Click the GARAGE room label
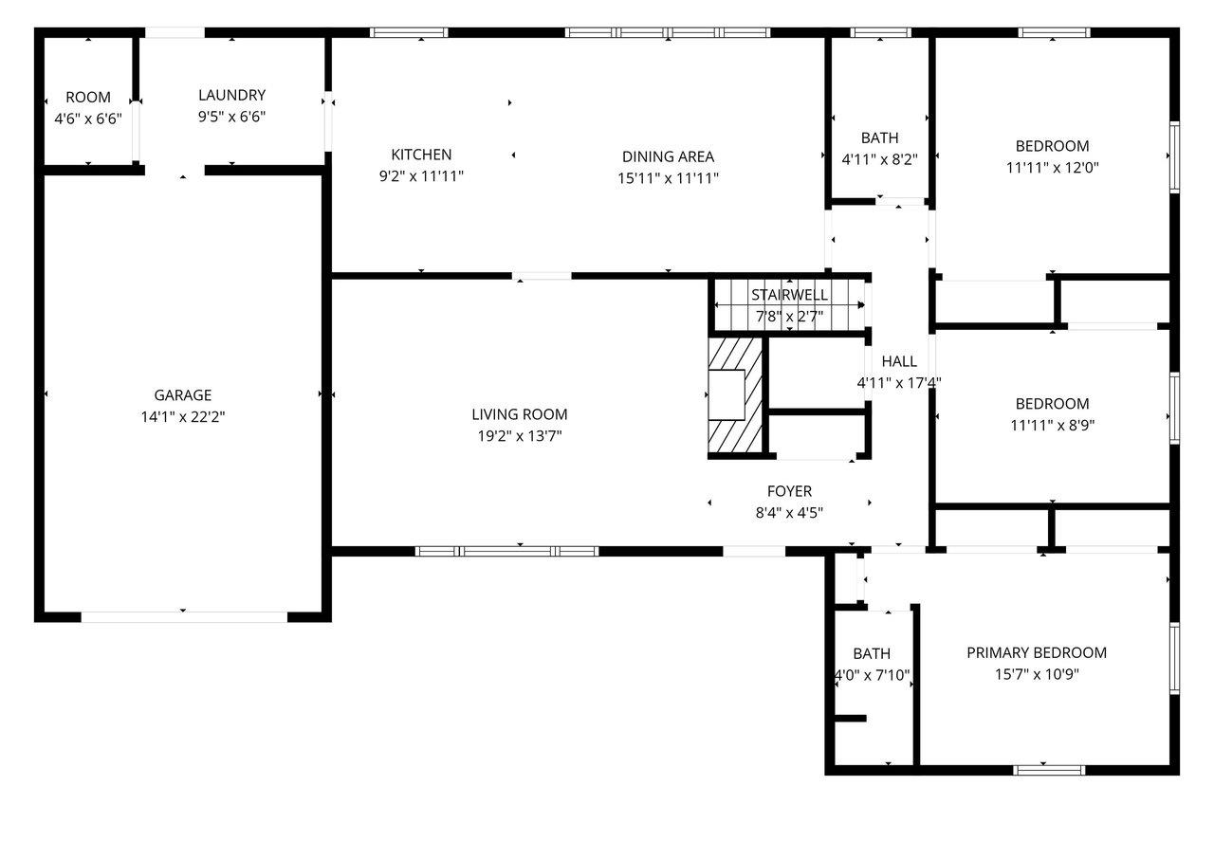[183, 394]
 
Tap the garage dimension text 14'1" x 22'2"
[183, 415]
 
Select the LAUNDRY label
[231, 95]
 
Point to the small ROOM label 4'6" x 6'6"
[88, 97]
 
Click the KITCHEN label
[421, 155]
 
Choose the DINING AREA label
[668, 156]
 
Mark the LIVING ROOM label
[520, 414]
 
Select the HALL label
[899, 361]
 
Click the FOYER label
[789, 491]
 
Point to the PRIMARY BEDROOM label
[1037, 652]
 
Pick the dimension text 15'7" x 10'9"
[1037, 674]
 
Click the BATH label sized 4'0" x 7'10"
[872, 653]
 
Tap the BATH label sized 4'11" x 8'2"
[880, 138]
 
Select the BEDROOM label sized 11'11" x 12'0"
[1052, 146]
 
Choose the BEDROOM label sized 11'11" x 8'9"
[1052, 404]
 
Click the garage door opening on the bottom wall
[183, 616]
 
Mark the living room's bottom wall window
[506, 551]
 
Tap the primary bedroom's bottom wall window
[1049, 769]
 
